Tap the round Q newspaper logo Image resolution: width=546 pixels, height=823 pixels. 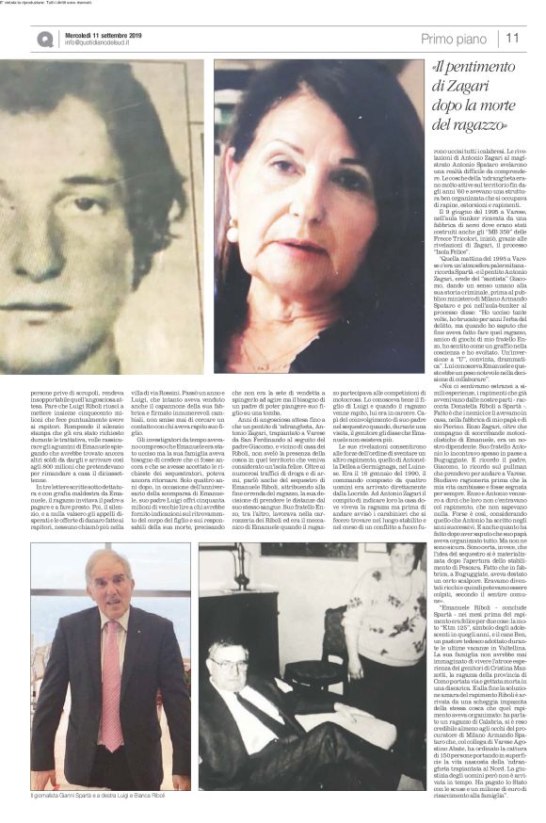[x=45, y=39]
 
